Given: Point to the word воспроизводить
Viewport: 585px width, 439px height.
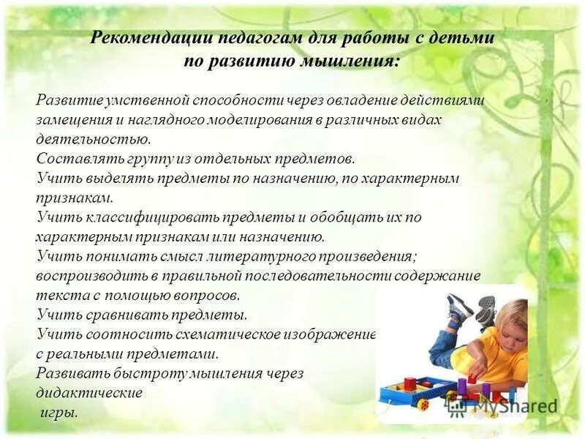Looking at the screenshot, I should pyautogui.click(x=87, y=277).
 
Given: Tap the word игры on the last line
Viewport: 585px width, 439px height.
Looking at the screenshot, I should pyautogui.click(x=58, y=413).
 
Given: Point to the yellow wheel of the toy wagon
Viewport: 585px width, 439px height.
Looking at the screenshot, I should pyautogui.click(x=423, y=402).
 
